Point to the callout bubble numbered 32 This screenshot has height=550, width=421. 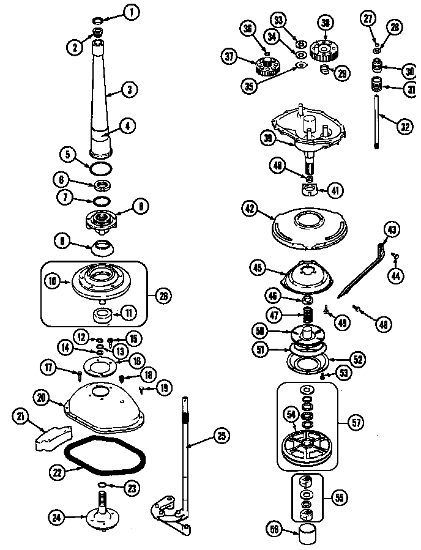pyautogui.click(x=404, y=127)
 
